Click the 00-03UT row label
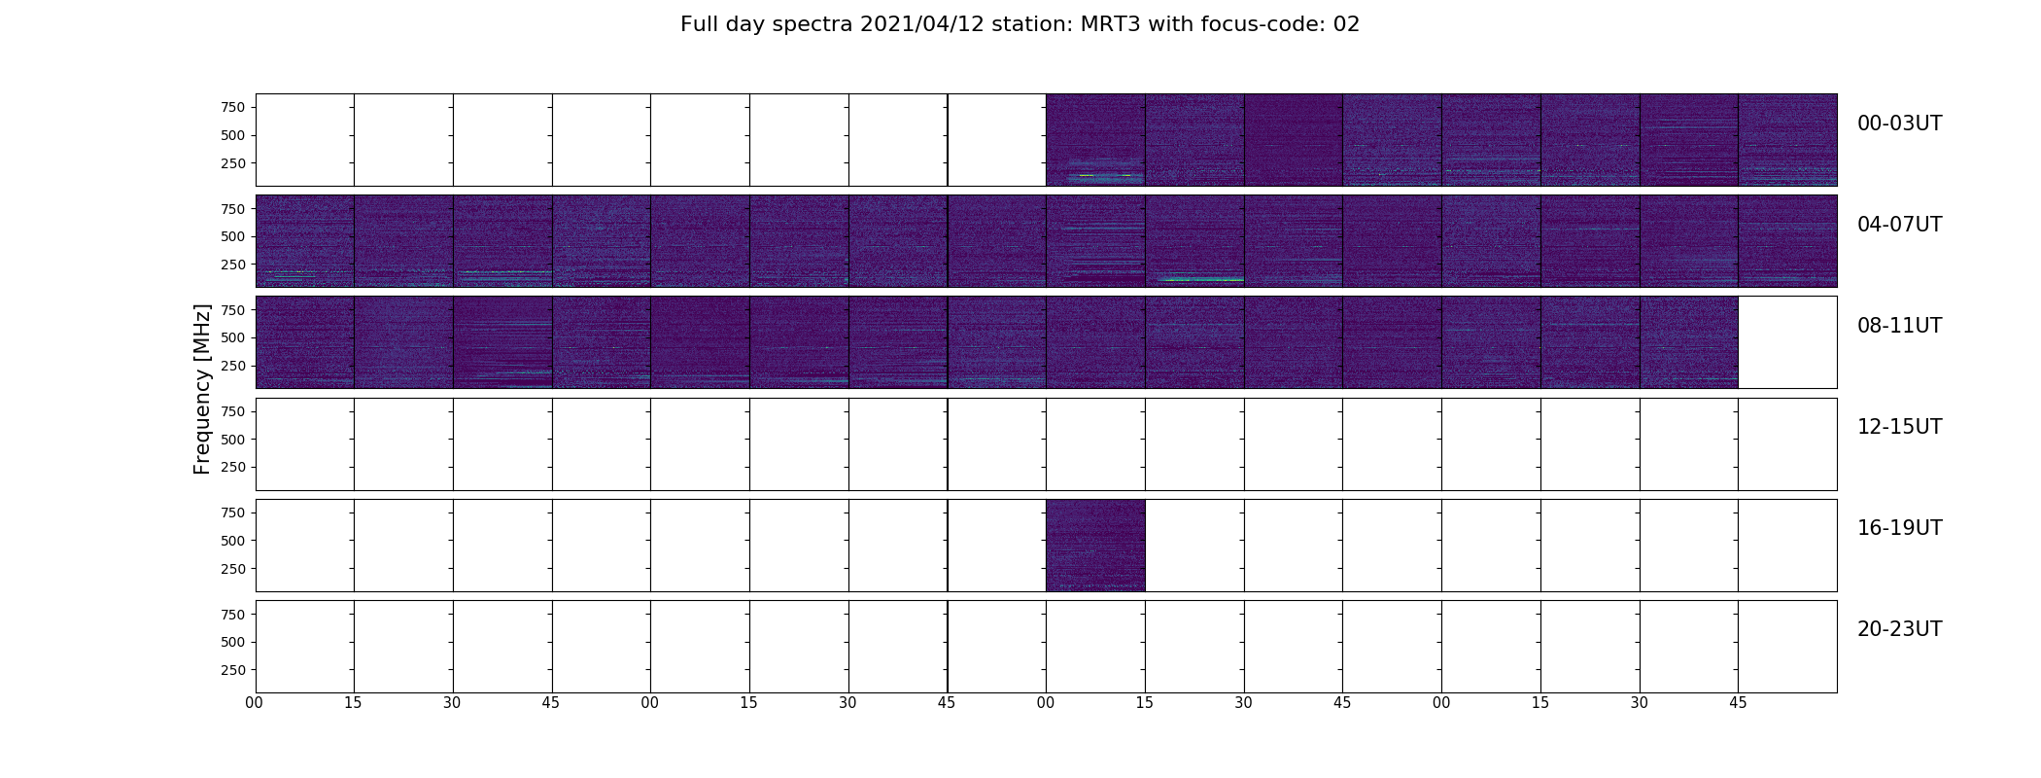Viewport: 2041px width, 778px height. [x=1899, y=124]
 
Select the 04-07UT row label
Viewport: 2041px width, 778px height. [x=1899, y=225]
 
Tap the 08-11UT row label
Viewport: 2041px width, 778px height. [x=1899, y=326]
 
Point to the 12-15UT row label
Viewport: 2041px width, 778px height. [x=1899, y=427]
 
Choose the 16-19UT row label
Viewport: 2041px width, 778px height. [x=1899, y=528]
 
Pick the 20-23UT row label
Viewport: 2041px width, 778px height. [x=1899, y=629]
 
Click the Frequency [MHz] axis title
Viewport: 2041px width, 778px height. [x=202, y=389]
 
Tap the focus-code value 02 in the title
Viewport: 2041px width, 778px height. [x=1346, y=24]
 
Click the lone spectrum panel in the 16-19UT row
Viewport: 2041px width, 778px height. [x=1095, y=546]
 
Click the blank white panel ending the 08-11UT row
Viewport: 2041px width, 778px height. [x=1787, y=342]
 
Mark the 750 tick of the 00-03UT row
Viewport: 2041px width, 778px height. [x=233, y=107]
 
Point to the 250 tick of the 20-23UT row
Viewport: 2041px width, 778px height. [x=233, y=670]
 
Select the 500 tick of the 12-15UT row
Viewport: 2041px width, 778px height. [x=233, y=440]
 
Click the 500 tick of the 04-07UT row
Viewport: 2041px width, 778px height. [x=233, y=236]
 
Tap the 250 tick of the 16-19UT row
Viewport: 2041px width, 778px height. [x=233, y=569]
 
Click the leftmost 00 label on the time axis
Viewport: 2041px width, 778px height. [x=254, y=703]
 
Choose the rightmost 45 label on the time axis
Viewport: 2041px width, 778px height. [x=1738, y=703]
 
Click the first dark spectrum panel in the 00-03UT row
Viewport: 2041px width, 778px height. [x=1095, y=140]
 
